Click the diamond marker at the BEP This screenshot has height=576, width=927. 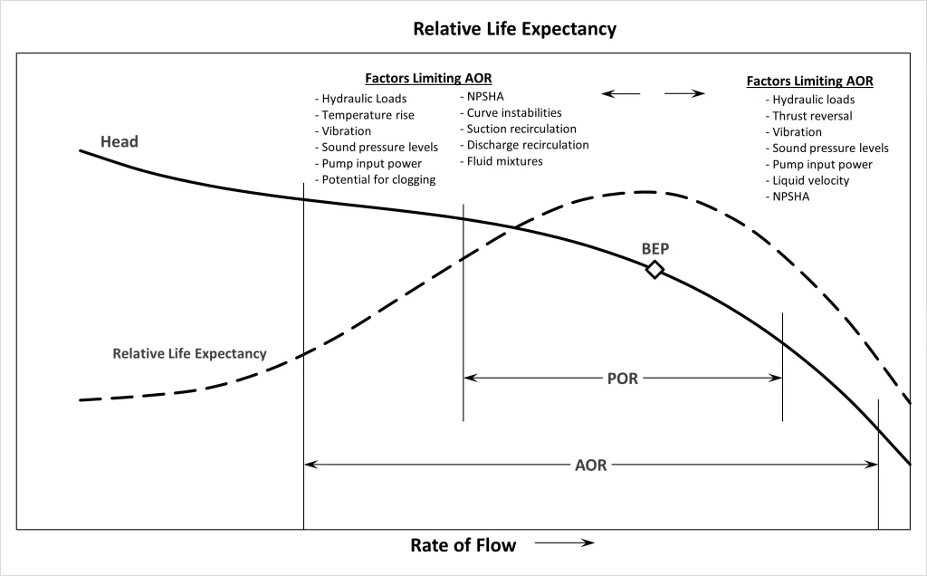tap(655, 269)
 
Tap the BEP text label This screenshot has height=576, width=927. tap(655, 248)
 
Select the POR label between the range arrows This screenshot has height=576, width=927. tap(622, 379)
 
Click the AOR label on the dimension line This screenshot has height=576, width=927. tap(591, 465)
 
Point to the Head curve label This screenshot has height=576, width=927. tap(119, 142)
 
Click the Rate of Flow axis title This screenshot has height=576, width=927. tap(463, 544)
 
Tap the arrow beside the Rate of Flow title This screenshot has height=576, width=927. tap(564, 543)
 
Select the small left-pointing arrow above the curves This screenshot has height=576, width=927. tap(621, 93)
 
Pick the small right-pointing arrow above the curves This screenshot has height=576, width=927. tap(685, 93)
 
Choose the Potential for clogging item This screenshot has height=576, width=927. tap(375, 179)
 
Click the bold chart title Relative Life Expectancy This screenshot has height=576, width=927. tap(514, 28)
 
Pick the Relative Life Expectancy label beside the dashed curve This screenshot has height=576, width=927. tap(189, 353)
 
